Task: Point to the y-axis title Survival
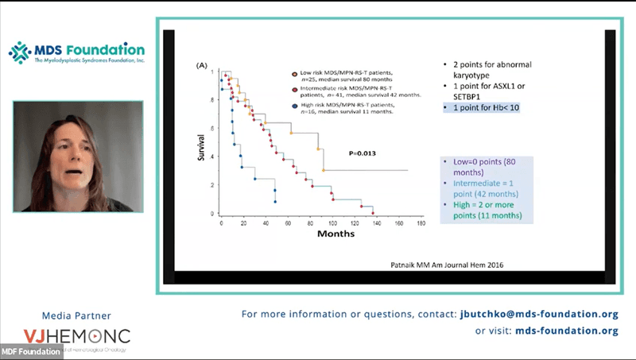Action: click(x=202, y=146)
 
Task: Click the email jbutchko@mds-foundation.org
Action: click(x=538, y=314)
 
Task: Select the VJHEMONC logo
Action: click(x=76, y=336)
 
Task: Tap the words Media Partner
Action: click(x=76, y=313)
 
